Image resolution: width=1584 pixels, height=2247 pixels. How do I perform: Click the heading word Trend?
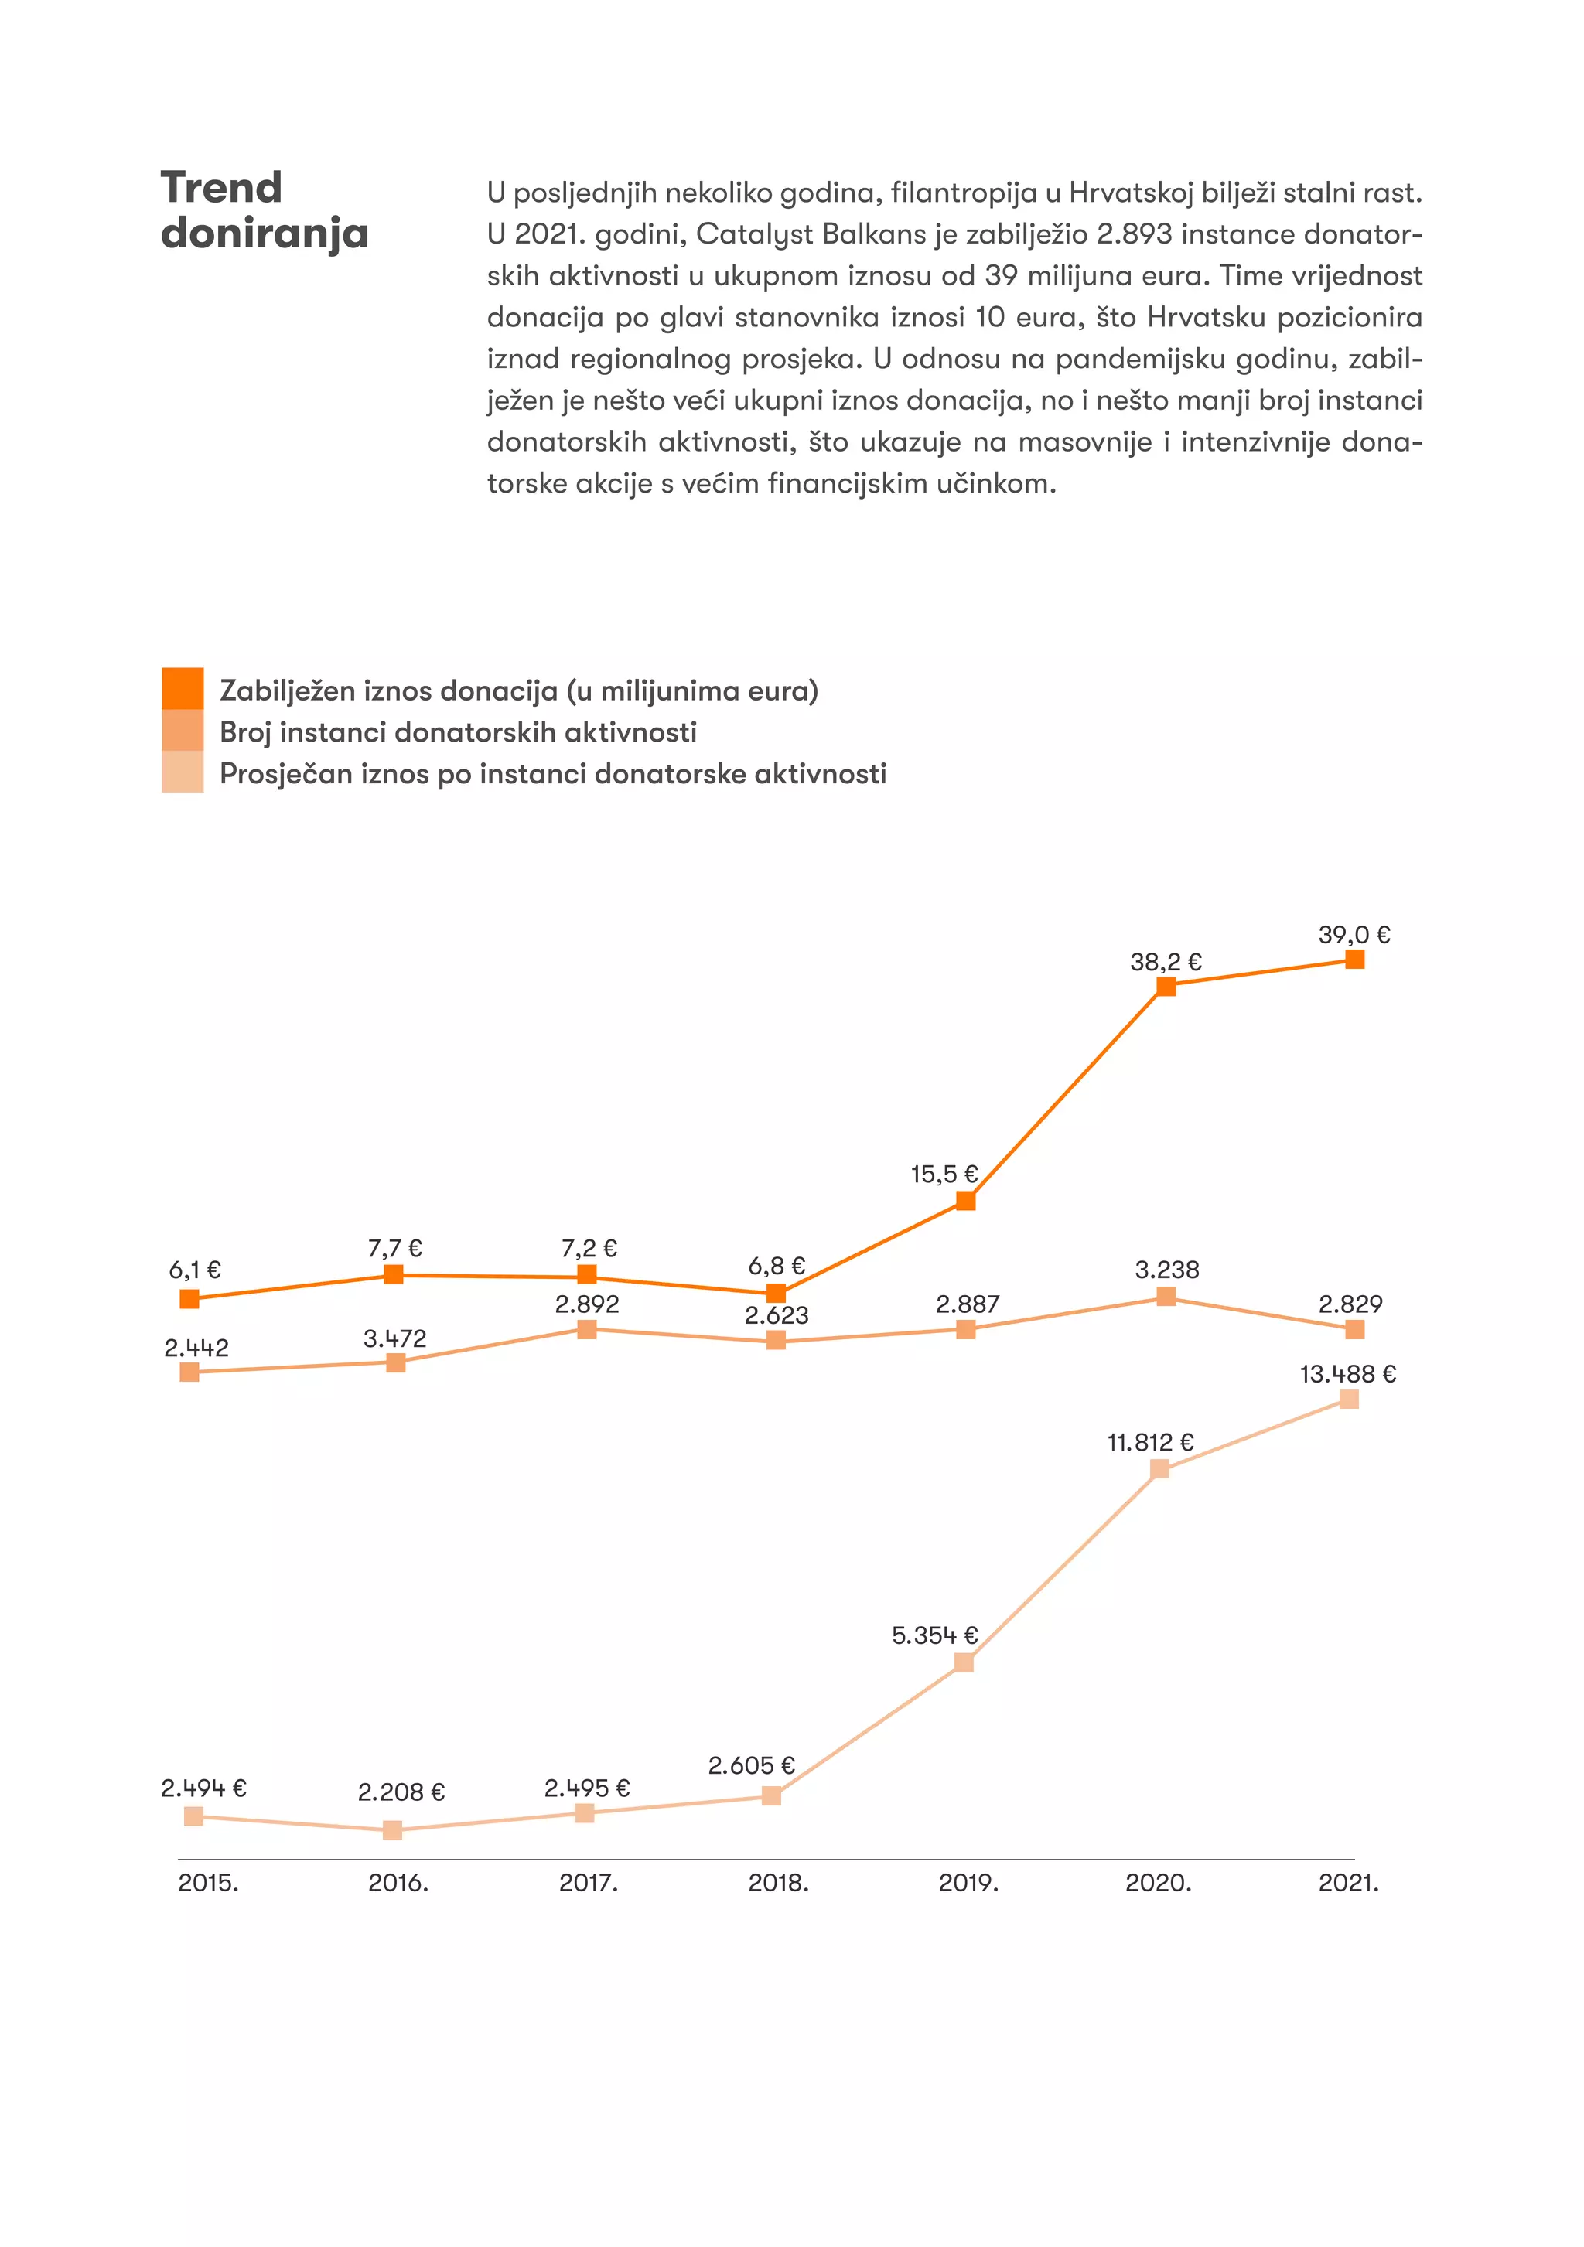click(x=221, y=188)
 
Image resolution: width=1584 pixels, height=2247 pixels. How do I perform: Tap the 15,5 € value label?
click(x=944, y=1174)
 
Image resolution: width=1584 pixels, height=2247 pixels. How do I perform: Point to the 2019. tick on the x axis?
click(x=968, y=1882)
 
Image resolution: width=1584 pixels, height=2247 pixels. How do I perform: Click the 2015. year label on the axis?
click(x=207, y=1882)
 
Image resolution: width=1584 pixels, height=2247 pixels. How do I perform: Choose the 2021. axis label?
click(x=1348, y=1882)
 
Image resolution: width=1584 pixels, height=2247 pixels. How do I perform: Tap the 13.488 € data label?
click(x=1347, y=1374)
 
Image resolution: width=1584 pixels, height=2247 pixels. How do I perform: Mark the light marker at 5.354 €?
click(x=964, y=1662)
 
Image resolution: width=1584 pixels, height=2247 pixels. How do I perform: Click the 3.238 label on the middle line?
click(x=1166, y=1270)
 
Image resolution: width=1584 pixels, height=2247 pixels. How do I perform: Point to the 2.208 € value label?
click(x=401, y=1792)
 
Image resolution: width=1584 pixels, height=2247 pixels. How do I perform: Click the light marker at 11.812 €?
click(x=1159, y=1469)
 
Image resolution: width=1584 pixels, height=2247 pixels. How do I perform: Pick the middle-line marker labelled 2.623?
click(x=775, y=1340)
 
